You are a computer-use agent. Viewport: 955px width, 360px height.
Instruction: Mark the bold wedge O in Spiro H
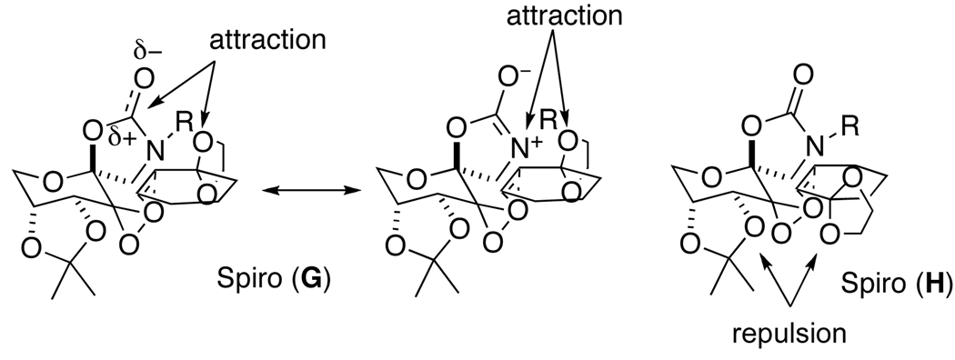(x=750, y=122)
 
